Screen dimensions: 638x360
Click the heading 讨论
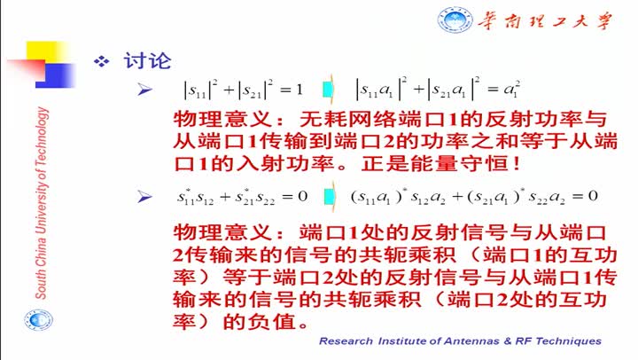coord(147,61)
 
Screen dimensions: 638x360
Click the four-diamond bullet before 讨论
coord(102,61)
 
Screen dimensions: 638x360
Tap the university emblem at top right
coord(455,20)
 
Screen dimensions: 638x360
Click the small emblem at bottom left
coord(38,320)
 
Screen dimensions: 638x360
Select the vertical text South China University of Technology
coord(42,203)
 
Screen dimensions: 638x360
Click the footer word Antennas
coord(471,341)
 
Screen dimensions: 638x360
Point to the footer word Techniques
coord(568,341)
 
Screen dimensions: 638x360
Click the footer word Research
coord(346,341)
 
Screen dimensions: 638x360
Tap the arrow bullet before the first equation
coord(144,90)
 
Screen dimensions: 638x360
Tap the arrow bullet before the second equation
coord(144,197)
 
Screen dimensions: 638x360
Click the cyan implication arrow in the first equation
coord(328,90)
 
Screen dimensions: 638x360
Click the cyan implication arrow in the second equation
coord(329,197)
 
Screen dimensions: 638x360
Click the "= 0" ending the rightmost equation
coord(585,196)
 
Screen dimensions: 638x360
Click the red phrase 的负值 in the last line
coord(259,322)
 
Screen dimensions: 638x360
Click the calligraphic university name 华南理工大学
coord(545,20)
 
